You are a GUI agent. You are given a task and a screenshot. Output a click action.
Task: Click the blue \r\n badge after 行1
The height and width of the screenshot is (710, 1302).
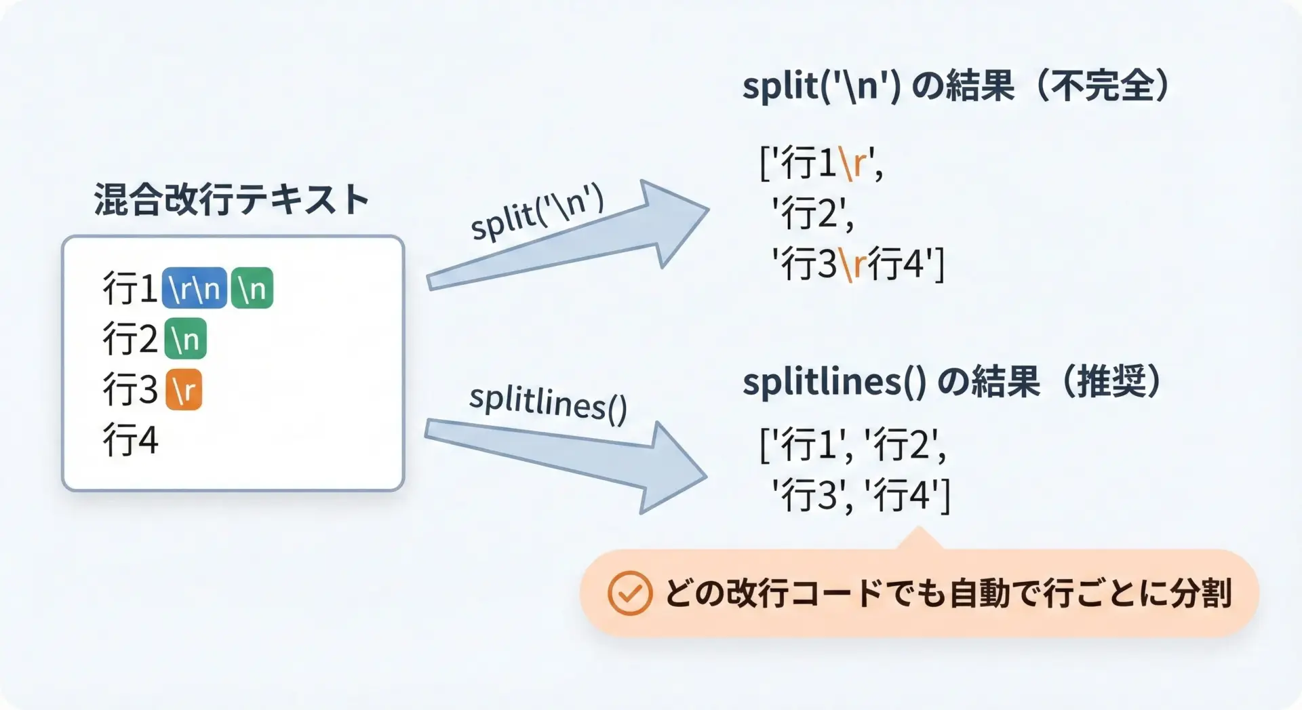pyautogui.click(x=195, y=288)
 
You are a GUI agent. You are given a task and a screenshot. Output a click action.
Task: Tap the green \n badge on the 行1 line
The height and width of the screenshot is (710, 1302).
pyautogui.click(x=252, y=288)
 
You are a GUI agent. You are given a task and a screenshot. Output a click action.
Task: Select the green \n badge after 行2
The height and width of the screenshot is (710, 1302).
pyautogui.click(x=185, y=338)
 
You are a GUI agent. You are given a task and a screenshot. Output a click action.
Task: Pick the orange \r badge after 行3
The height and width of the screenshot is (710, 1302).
pyautogui.click(x=184, y=389)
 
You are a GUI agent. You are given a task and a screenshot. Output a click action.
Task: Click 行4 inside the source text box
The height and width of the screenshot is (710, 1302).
pyautogui.click(x=130, y=439)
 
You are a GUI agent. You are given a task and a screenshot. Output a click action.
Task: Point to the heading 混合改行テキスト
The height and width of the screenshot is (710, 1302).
pyautogui.click(x=231, y=199)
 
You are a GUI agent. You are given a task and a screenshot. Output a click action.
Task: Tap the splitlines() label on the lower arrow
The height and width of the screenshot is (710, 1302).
pyautogui.click(x=548, y=403)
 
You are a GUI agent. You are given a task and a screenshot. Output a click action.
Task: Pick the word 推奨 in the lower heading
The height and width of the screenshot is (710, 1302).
pyautogui.click(x=1111, y=381)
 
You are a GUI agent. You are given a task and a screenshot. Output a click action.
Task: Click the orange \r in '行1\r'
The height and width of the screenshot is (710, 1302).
pyautogui.click(x=852, y=163)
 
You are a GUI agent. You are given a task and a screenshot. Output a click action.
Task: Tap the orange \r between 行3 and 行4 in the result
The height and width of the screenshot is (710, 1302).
pyautogui.click(x=853, y=263)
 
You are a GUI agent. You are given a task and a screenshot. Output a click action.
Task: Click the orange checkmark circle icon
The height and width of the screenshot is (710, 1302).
pyautogui.click(x=629, y=593)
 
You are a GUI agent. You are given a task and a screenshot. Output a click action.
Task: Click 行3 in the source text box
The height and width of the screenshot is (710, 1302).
pyautogui.click(x=130, y=389)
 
